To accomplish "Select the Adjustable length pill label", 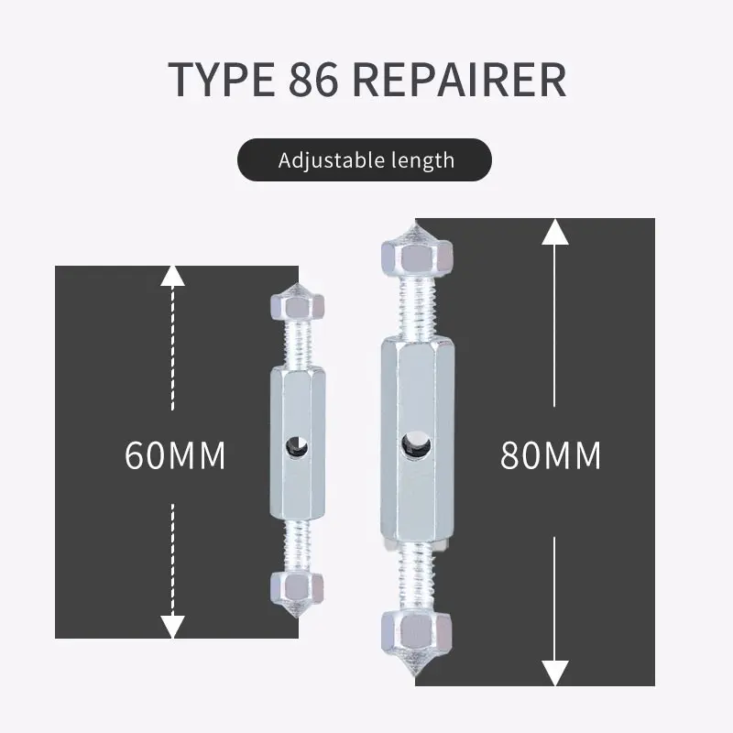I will (366, 160).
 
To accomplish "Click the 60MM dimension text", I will (175, 455).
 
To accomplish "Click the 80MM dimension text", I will (550, 455).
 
